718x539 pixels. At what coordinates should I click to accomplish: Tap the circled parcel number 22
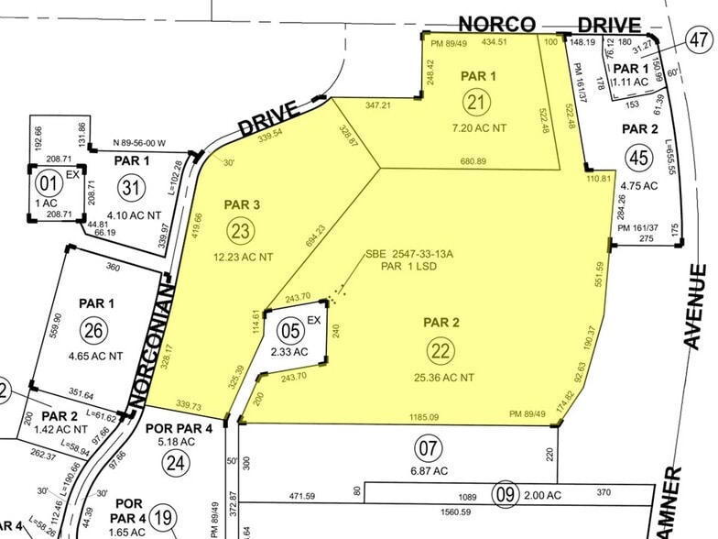click(441, 349)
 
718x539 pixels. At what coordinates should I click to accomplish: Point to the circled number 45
click(639, 158)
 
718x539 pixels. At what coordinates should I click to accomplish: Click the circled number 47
click(698, 38)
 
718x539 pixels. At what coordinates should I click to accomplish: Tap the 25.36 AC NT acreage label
click(442, 377)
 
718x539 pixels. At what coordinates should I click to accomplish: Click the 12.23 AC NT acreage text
click(243, 258)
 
